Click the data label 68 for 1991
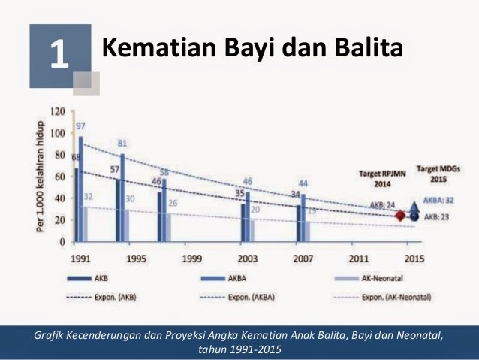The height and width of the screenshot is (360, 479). (x=75, y=157)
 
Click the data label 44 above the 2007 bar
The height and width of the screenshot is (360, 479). (x=303, y=184)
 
